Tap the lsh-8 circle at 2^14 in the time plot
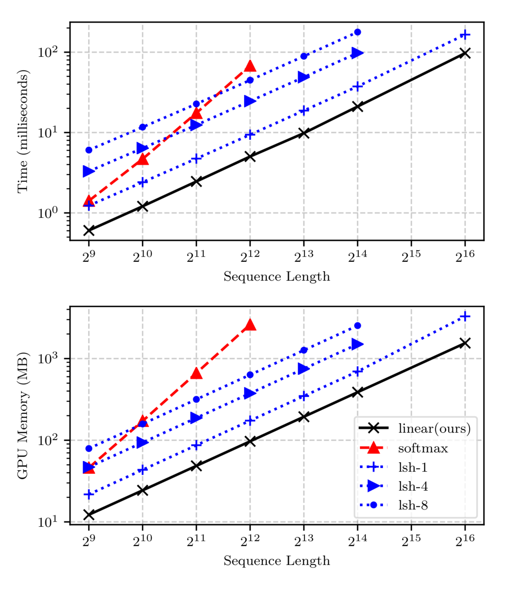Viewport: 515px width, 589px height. click(358, 32)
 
